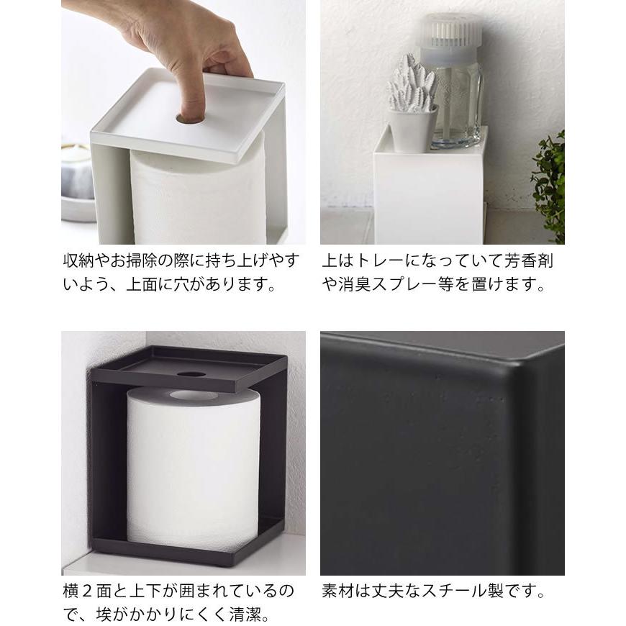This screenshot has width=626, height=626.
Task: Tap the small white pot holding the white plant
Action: click(412, 130)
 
